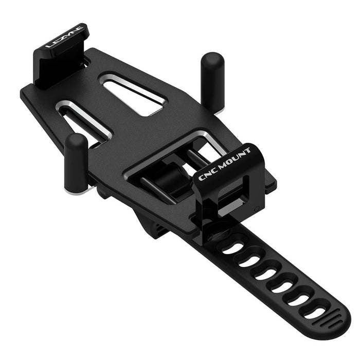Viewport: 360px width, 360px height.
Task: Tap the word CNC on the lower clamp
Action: (208, 173)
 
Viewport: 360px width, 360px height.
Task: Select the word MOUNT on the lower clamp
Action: (235, 157)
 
